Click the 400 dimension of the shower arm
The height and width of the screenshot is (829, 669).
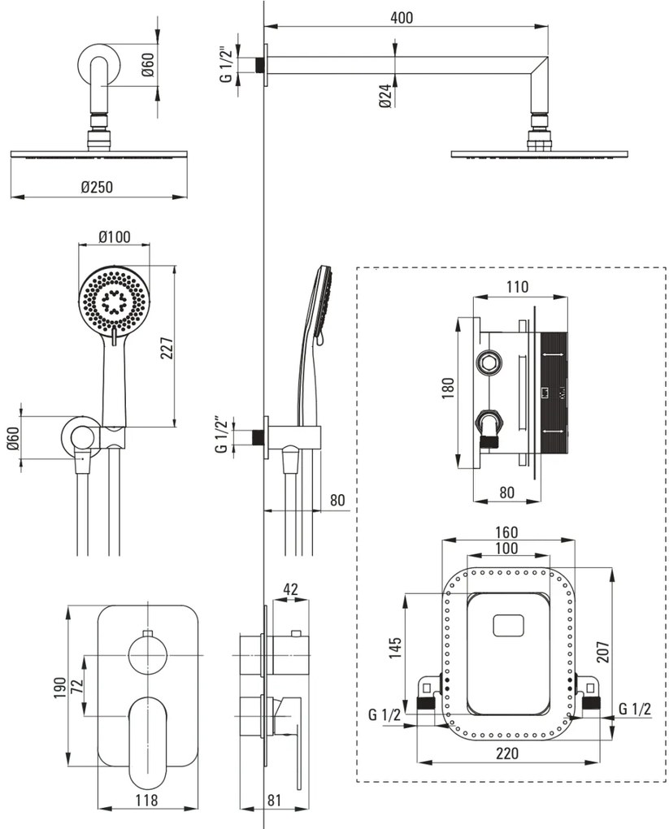coord(402,17)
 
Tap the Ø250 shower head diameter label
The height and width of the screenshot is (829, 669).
coord(97,187)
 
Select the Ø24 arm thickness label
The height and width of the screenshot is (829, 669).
coord(385,96)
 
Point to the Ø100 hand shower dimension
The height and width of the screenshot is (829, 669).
coord(115,237)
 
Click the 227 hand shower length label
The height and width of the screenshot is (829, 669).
coord(167,348)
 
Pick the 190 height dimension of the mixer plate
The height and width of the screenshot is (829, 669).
coord(60,688)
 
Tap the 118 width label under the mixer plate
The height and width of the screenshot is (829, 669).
coord(146,800)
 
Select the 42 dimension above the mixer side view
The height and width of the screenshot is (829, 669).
coord(290,589)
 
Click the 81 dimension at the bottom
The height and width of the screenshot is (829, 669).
coord(274,800)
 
